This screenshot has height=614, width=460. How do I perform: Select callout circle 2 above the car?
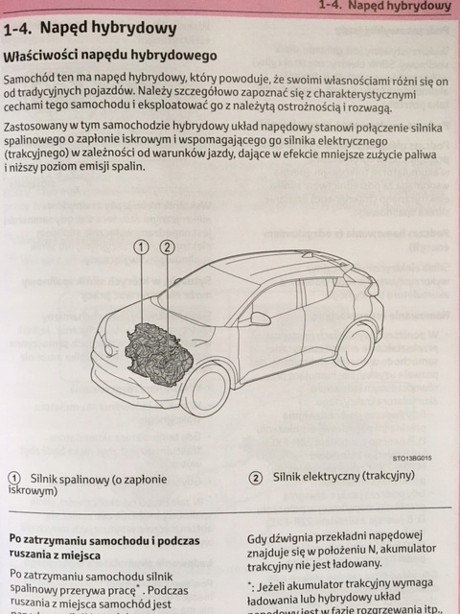167,248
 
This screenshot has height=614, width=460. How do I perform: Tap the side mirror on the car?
260,319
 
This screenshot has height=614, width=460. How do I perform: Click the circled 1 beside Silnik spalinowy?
14,479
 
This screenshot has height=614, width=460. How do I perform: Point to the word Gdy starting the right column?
259,540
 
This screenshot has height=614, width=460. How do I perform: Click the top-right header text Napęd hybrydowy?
412,6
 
